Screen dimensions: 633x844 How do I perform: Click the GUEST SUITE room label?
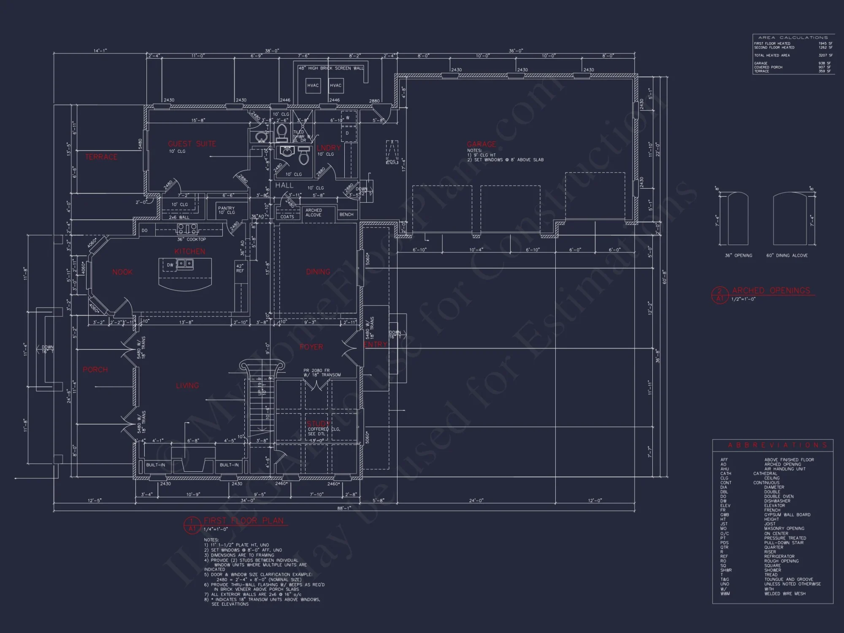[192, 144]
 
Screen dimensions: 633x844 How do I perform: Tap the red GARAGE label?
[481, 144]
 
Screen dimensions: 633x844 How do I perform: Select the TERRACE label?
[101, 157]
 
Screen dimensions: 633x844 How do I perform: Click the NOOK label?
[122, 272]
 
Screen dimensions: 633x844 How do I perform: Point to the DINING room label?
[318, 272]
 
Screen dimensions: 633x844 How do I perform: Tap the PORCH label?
[95, 370]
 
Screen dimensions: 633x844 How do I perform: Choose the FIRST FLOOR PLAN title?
[243, 521]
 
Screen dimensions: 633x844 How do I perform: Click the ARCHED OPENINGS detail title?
[771, 290]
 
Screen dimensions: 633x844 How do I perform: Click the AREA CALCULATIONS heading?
[793, 38]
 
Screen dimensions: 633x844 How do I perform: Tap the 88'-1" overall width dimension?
[344, 509]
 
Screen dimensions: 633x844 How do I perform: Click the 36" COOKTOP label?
[192, 239]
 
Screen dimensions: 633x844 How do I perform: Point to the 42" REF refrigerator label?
[240, 268]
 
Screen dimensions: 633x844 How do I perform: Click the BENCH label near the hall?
[346, 214]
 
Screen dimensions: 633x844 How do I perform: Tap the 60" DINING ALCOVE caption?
[787, 255]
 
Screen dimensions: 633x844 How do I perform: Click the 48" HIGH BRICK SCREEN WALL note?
[331, 68]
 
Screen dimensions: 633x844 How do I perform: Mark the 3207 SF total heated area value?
[825, 55]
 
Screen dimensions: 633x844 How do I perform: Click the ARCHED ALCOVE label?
[314, 212]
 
